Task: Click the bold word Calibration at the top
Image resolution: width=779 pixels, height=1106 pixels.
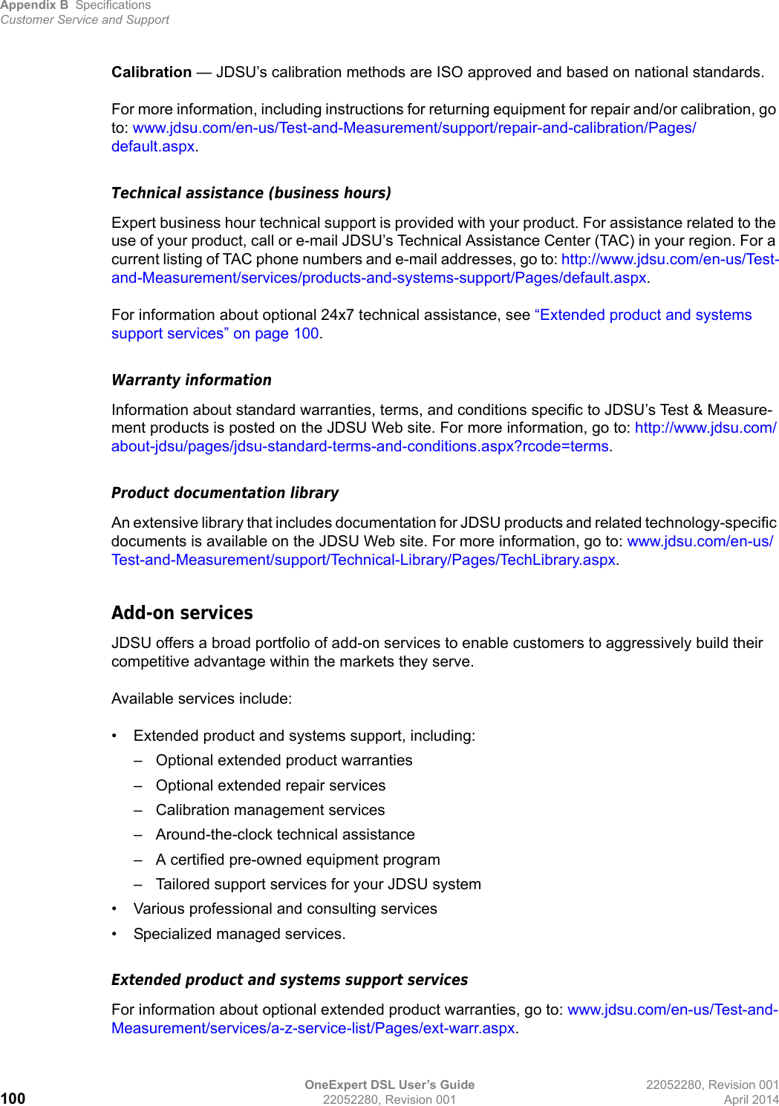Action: point(151,72)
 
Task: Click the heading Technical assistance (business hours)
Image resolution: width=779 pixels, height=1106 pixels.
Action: point(251,193)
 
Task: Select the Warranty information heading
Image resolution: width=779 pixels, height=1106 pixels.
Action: point(192,380)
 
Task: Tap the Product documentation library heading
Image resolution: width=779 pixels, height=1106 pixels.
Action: point(225,493)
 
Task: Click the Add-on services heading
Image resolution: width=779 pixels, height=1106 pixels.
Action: point(182,613)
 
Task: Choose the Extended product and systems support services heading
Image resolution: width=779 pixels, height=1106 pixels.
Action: point(290,980)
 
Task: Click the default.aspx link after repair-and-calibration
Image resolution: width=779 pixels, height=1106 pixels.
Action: point(153,146)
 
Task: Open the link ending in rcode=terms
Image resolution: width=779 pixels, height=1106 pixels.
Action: point(360,446)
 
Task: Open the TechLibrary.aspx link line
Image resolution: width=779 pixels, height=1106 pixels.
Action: point(364,560)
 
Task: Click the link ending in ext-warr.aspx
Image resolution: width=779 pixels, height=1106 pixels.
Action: point(313,1028)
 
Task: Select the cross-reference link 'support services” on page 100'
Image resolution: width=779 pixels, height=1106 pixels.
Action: point(215,333)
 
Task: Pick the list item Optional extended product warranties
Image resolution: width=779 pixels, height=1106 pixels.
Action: point(284,760)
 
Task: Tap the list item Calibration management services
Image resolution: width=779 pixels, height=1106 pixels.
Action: point(270,810)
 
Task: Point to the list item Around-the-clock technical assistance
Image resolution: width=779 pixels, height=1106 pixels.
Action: point(285,834)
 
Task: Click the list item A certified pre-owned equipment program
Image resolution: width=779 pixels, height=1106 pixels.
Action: point(298,860)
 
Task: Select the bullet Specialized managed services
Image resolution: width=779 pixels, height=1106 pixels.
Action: point(239,934)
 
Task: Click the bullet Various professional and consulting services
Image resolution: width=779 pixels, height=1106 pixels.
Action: point(285,909)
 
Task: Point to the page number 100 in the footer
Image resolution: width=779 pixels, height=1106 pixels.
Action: point(13,1099)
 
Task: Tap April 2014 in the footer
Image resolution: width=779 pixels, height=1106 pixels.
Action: point(751,1099)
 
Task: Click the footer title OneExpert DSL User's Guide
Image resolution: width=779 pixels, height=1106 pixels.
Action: point(389,1084)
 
